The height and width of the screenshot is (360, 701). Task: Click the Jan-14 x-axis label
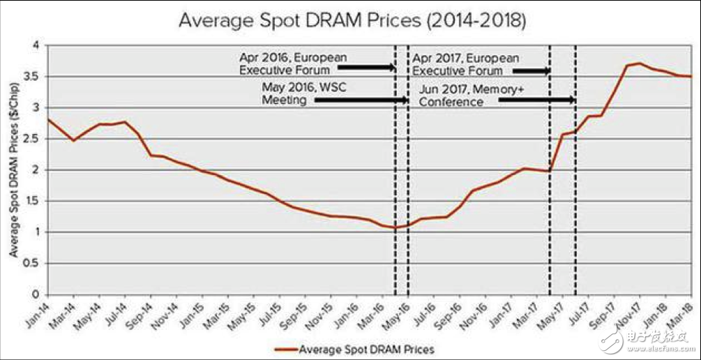pos(41,314)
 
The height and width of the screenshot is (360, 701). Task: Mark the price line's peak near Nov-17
pos(640,63)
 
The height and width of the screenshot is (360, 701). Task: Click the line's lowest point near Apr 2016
pos(395,227)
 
